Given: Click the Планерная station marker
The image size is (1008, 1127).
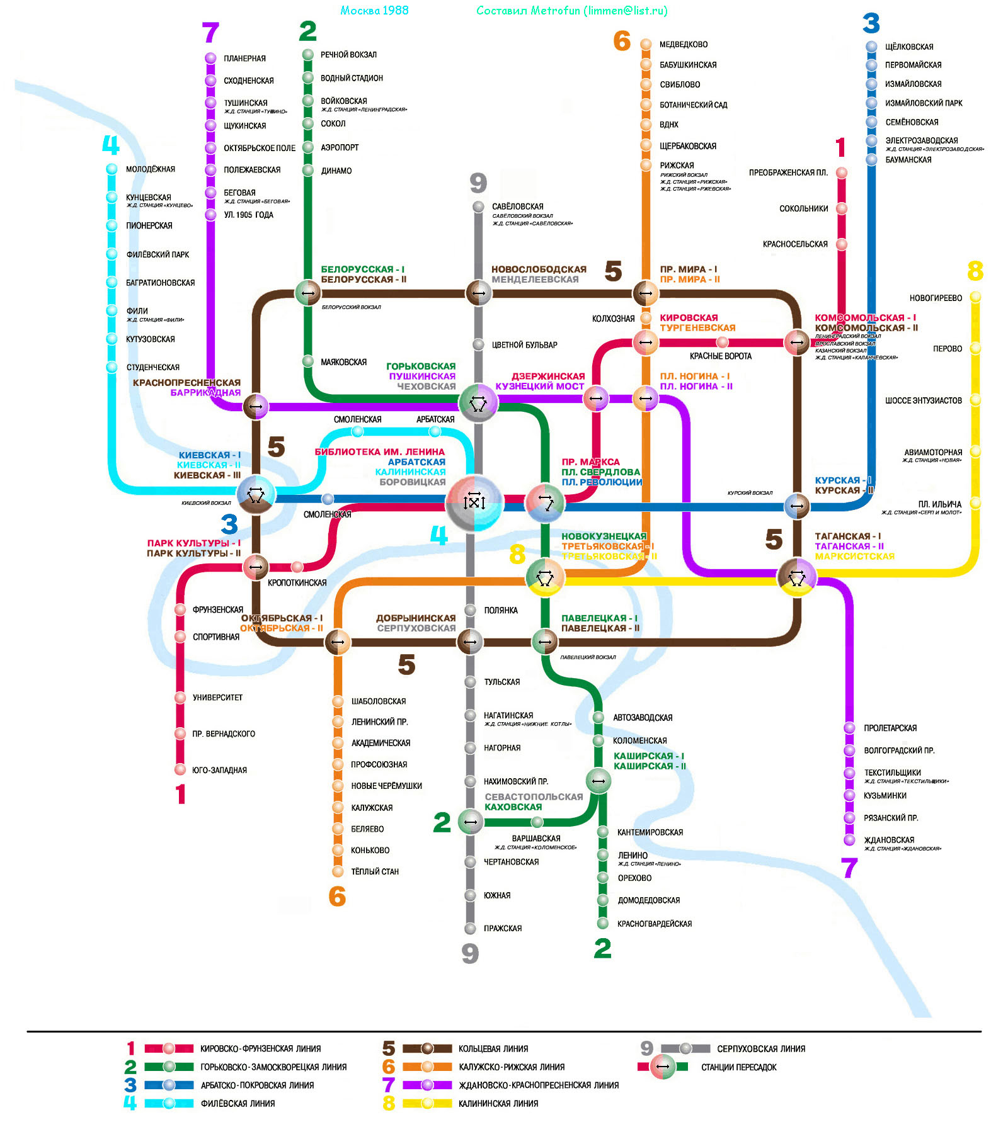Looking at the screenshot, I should pyautogui.click(x=210, y=58).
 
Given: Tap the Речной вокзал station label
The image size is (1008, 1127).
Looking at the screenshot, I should pyautogui.click(x=348, y=55).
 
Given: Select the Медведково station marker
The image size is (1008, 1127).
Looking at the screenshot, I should pyautogui.click(x=646, y=44).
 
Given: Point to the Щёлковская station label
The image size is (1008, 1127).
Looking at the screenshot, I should pyautogui.click(x=909, y=47).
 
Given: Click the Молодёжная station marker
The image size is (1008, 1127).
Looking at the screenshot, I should pyautogui.click(x=112, y=169).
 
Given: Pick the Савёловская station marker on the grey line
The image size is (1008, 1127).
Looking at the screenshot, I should pyautogui.click(x=478, y=207).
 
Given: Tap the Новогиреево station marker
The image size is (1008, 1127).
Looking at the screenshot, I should pyautogui.click(x=975, y=296).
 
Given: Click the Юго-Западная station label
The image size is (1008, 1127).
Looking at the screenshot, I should pyautogui.click(x=219, y=770).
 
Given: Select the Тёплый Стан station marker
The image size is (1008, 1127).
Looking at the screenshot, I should pyautogui.click(x=338, y=871).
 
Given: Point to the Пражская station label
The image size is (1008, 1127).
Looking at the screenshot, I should pyautogui.click(x=503, y=928).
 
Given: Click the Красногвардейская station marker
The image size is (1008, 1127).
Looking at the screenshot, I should pyautogui.click(x=603, y=924).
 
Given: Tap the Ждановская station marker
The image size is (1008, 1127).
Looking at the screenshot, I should pyautogui.click(x=849, y=840).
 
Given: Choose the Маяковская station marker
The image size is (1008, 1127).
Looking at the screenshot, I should pyautogui.click(x=308, y=361).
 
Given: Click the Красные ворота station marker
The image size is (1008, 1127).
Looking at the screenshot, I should pyautogui.click(x=722, y=343).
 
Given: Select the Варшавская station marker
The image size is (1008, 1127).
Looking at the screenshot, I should pyautogui.click(x=537, y=822).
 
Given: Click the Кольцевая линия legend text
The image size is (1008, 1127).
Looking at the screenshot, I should pyautogui.click(x=493, y=1049).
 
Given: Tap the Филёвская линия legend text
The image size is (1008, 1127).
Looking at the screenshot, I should pyautogui.click(x=238, y=1103).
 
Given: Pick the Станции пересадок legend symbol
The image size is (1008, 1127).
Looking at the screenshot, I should pyautogui.click(x=662, y=1067).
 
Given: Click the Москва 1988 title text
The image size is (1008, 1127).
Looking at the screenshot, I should pyautogui.click(x=374, y=11).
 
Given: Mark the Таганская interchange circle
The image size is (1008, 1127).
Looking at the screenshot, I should pyautogui.click(x=797, y=575).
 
